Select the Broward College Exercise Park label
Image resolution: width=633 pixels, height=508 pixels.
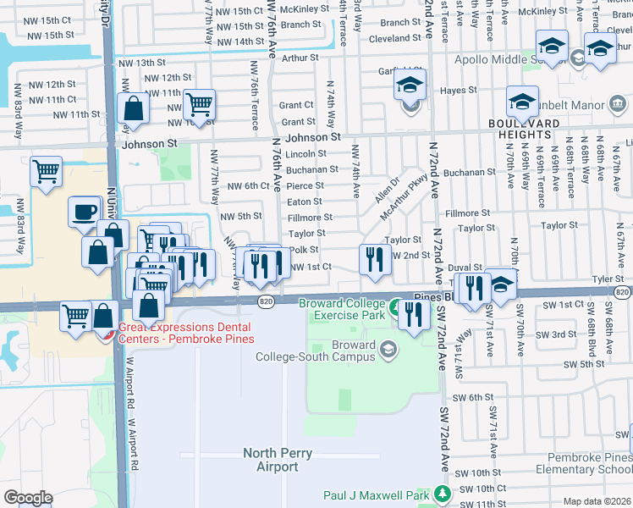click(344, 310)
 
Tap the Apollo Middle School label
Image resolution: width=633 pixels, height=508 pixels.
click(512, 59)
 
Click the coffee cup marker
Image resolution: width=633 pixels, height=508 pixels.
click(84, 212)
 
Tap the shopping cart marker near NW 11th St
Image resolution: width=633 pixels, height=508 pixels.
click(199, 106)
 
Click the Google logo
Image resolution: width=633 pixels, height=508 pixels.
click(28, 498)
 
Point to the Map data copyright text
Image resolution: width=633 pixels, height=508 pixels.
click(596, 501)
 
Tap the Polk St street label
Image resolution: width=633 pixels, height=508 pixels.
click(303, 250)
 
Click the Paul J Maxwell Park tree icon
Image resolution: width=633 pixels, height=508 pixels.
click(440, 493)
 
